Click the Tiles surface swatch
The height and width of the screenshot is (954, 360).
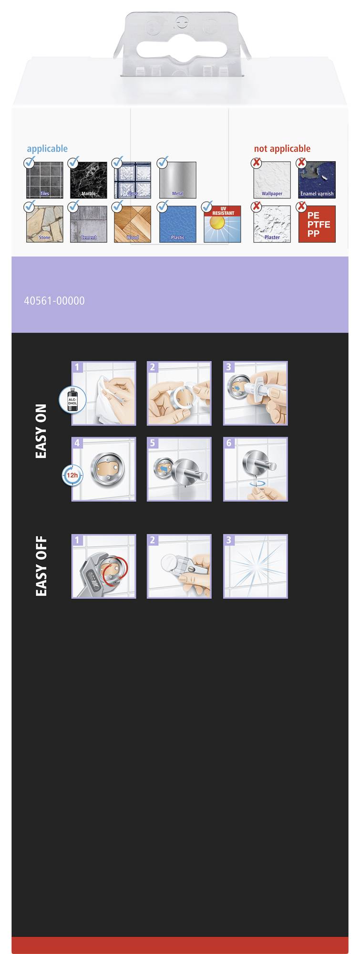[44, 180]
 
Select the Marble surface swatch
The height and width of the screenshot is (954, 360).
[89, 180]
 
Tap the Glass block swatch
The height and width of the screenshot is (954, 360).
[133, 180]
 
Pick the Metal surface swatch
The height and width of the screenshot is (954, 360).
[177, 180]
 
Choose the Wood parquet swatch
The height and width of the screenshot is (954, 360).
[133, 224]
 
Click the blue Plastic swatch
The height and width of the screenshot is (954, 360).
[177, 224]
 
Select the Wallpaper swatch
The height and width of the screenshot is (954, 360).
[272, 180]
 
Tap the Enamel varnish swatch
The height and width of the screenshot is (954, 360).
[317, 180]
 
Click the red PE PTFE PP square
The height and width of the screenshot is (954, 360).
[317, 224]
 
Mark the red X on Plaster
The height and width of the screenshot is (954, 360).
[257, 207]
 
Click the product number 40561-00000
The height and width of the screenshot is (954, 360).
[54, 301]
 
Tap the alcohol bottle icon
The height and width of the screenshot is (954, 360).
[72, 400]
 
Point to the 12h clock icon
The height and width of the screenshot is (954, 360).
[72, 475]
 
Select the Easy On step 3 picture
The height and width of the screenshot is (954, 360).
[256, 394]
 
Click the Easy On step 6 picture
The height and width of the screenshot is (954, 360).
[256, 469]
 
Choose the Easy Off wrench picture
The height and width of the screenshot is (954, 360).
[103, 566]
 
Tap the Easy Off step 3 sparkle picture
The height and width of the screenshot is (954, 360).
[256, 566]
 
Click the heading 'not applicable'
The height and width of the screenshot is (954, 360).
[282, 149]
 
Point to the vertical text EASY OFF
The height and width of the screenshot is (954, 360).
[41, 566]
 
